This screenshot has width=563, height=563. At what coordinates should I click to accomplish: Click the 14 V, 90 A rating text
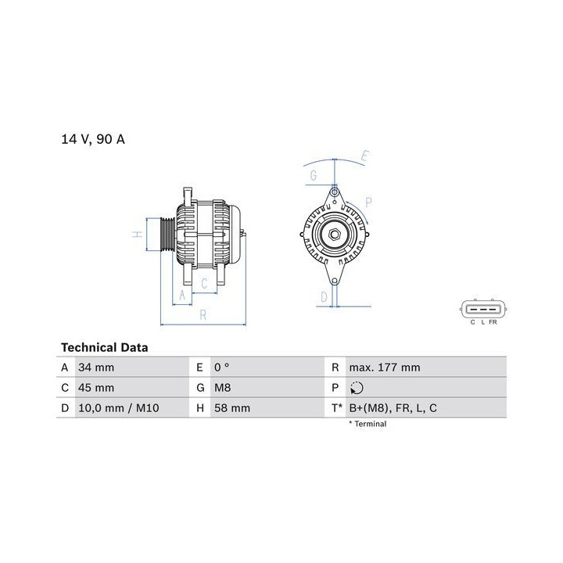coord(93,139)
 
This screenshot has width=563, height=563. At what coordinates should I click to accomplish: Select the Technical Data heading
coord(105,347)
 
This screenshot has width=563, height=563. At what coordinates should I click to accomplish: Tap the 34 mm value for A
coord(96,368)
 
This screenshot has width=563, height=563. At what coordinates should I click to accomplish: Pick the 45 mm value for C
coord(96,388)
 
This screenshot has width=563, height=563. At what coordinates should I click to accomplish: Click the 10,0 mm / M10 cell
coord(119,408)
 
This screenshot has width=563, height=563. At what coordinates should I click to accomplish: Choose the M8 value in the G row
coord(223,388)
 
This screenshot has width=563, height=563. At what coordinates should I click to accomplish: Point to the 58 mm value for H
coord(232,408)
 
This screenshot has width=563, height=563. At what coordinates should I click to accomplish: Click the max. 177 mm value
coord(385,368)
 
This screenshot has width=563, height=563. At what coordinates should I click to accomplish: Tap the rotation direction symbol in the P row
coord(357,388)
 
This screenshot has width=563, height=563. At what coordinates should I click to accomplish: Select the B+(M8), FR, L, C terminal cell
coord(393,408)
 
